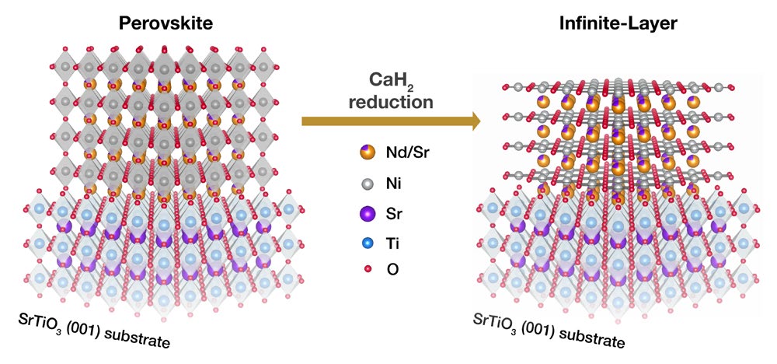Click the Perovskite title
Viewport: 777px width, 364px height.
pos(164,23)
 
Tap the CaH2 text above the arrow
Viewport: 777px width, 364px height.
pos(389,82)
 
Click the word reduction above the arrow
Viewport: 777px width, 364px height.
pos(389,102)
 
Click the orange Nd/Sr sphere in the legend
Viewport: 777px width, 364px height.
pos(368,153)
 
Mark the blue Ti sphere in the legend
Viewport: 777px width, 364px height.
pos(368,243)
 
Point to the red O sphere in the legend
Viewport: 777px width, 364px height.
pos(368,271)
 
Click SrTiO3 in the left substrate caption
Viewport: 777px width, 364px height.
pos(44,321)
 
